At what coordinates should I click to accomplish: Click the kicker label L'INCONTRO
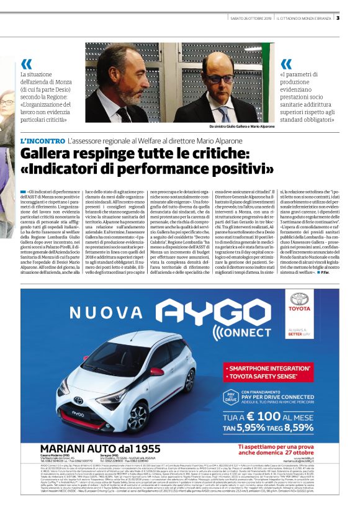tap(43, 141)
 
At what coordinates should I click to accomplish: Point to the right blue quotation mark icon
tap(286, 64)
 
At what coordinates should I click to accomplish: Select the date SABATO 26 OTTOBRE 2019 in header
tap(250, 17)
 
